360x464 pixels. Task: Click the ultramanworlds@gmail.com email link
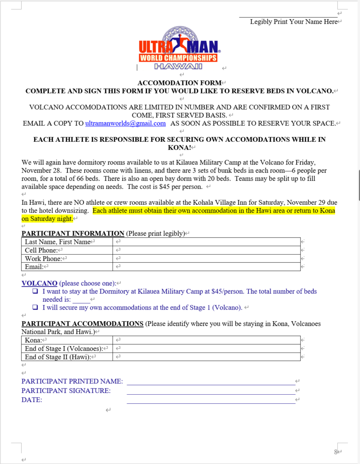(125, 123)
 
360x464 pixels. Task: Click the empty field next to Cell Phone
(206, 250)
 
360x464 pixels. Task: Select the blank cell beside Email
(206, 267)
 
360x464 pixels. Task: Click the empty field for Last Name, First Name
(206, 242)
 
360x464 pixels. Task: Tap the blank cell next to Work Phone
(206, 259)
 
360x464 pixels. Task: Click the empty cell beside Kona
(206, 340)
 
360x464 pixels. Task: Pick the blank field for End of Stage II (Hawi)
(206, 357)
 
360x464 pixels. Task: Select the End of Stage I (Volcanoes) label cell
(67, 348)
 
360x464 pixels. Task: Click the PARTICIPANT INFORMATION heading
(73, 233)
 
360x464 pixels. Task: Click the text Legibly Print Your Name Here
(293, 22)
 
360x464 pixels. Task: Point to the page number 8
(336, 451)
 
